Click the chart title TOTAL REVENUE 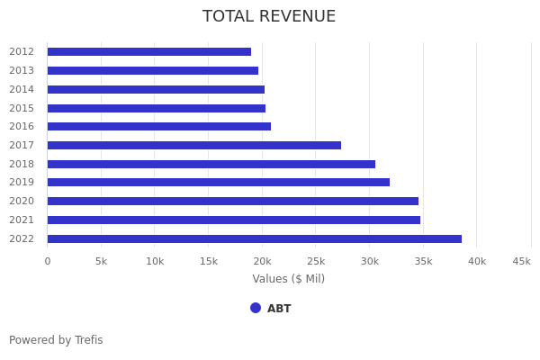tap(269, 16)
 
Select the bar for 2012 tap(149, 52)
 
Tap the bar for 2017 tap(194, 145)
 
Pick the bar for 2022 tap(255, 238)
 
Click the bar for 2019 tap(219, 183)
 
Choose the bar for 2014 tap(156, 89)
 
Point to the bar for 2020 tap(233, 201)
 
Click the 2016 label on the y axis tap(22, 127)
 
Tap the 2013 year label tap(22, 70)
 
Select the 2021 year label tap(22, 220)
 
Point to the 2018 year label tap(22, 164)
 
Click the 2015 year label tap(22, 108)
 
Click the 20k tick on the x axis tap(262, 261)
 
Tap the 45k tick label tap(521, 261)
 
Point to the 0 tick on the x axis tap(48, 261)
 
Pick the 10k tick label tap(155, 261)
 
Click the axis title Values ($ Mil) tap(289, 279)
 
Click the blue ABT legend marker tap(256, 308)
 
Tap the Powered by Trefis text tap(56, 340)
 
